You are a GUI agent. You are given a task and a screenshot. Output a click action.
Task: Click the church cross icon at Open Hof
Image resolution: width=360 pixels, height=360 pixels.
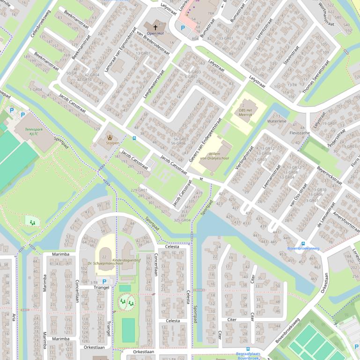(x=154, y=26)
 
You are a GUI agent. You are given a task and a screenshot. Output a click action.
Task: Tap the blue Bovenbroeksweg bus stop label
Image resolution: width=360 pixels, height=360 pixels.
(x=303, y=248)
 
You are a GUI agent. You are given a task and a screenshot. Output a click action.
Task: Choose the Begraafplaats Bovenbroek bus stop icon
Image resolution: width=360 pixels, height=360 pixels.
(x=248, y=349)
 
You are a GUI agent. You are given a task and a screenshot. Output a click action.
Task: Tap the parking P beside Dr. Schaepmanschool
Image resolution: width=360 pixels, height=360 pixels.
(x=104, y=281)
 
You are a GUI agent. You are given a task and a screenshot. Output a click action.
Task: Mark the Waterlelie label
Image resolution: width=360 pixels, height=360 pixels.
(x=276, y=121)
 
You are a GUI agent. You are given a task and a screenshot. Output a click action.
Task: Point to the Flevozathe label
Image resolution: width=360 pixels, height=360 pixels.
(x=300, y=133)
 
